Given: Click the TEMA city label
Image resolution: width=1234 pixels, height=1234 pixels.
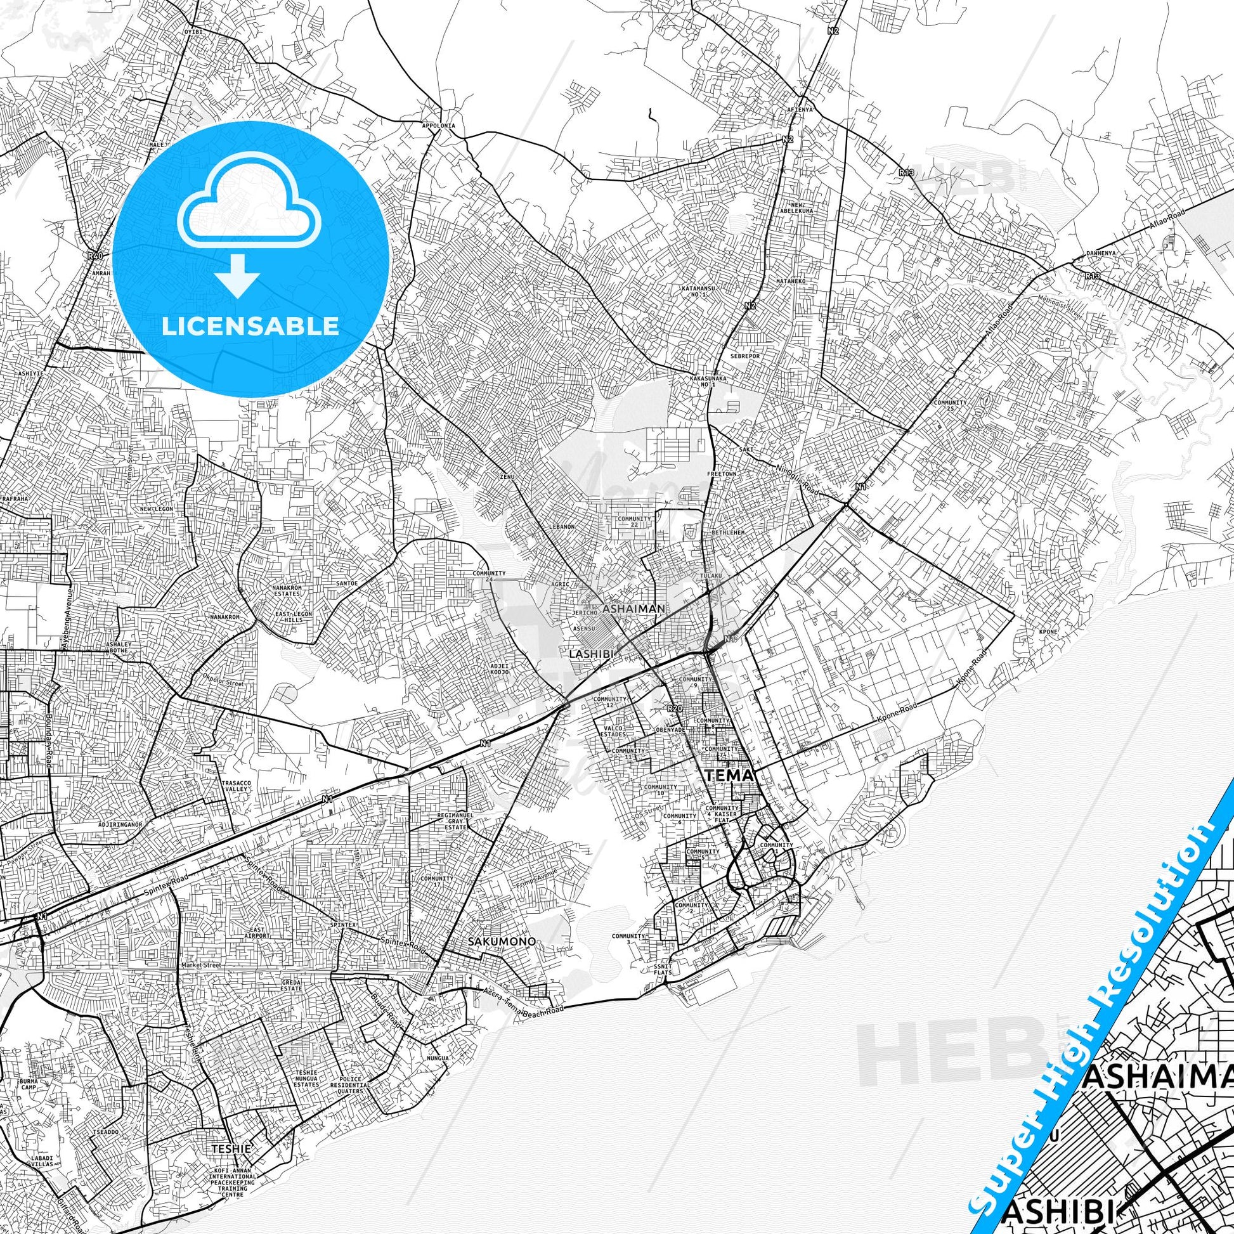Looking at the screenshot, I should (x=731, y=776).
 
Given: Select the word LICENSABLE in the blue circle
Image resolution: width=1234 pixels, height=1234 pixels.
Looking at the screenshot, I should (x=250, y=326).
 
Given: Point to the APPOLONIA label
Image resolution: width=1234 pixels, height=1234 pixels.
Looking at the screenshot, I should (x=439, y=126).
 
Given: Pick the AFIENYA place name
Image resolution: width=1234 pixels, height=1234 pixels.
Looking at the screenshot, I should (x=800, y=109).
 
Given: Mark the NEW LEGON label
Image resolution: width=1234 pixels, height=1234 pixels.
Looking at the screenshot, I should (x=157, y=509).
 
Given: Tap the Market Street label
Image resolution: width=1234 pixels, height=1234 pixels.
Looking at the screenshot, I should (x=200, y=965).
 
